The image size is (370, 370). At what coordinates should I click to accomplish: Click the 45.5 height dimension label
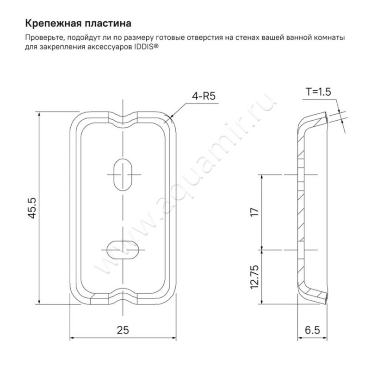(x=33, y=208)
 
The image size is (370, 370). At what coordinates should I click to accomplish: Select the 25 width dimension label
(x=123, y=330)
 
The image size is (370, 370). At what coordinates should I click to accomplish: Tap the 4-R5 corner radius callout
(x=204, y=96)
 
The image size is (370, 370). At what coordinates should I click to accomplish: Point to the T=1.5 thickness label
(x=318, y=92)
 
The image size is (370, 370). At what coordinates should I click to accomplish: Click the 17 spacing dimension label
(x=255, y=212)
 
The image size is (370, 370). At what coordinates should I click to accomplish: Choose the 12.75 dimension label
(x=255, y=277)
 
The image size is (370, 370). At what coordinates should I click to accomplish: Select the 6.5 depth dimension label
(x=313, y=330)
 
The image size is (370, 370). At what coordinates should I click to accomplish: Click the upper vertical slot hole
(x=123, y=174)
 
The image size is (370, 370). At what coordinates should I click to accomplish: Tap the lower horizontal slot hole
(x=123, y=250)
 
